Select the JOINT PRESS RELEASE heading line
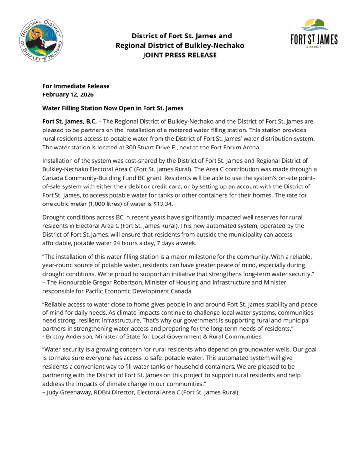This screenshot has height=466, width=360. coord(180,55)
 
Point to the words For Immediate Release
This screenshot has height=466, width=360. coord(76,86)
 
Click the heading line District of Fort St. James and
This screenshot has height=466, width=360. coord(181,36)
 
